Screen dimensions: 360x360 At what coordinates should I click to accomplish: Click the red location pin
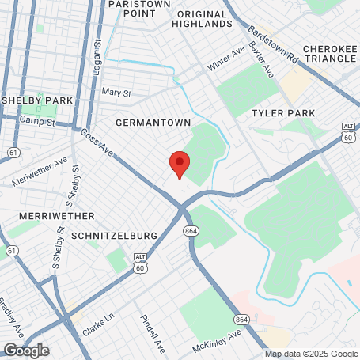click(x=180, y=164)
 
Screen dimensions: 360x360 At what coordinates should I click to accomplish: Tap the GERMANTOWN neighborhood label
click(x=153, y=123)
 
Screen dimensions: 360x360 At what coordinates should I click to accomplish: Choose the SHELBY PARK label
click(x=37, y=101)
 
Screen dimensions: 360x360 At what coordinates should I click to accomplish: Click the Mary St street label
click(x=116, y=93)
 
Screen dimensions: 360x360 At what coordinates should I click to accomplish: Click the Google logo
click(x=26, y=350)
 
